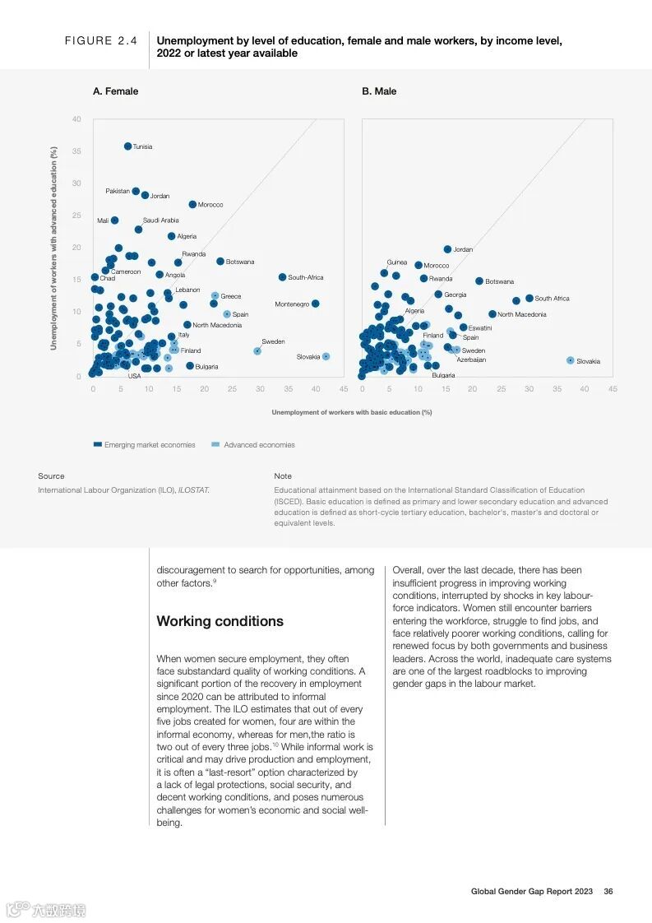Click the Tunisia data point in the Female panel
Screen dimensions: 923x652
pos(127,146)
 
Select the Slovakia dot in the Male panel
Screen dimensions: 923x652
pos(570,360)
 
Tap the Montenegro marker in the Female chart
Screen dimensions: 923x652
pos(315,304)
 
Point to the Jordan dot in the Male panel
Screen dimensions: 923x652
pos(447,249)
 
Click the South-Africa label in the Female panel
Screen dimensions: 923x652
pos(306,278)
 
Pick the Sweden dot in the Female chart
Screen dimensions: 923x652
pos(257,350)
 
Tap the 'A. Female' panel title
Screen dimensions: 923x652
pos(115,91)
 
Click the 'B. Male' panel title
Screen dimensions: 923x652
pos(379,91)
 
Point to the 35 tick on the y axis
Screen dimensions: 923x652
pos(76,151)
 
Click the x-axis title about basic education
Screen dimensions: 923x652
pos(351,412)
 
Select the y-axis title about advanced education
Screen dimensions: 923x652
pos(53,248)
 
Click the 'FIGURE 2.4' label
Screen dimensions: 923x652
pos(101,41)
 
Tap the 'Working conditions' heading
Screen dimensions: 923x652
pos(220,621)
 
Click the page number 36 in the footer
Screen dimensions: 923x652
pos(608,891)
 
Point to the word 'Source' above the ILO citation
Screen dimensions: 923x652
pos(51,476)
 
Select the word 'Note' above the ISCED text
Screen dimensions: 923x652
pos(283,476)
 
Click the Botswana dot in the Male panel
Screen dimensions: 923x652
pos(479,281)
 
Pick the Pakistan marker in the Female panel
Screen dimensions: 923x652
pos(136,191)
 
